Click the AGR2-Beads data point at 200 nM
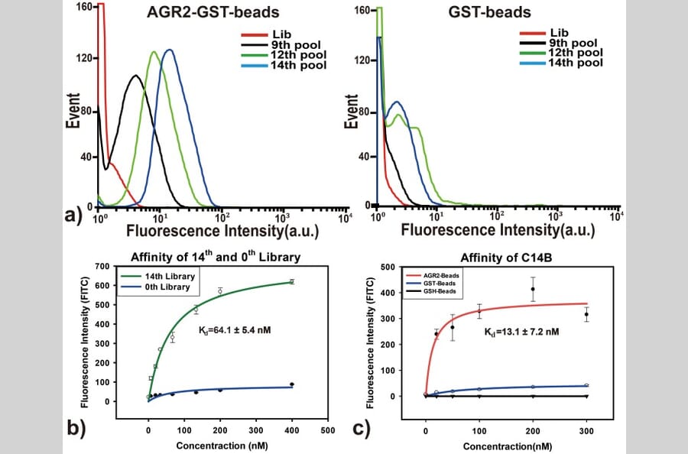point(533,289)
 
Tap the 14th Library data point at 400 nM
point(291,281)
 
